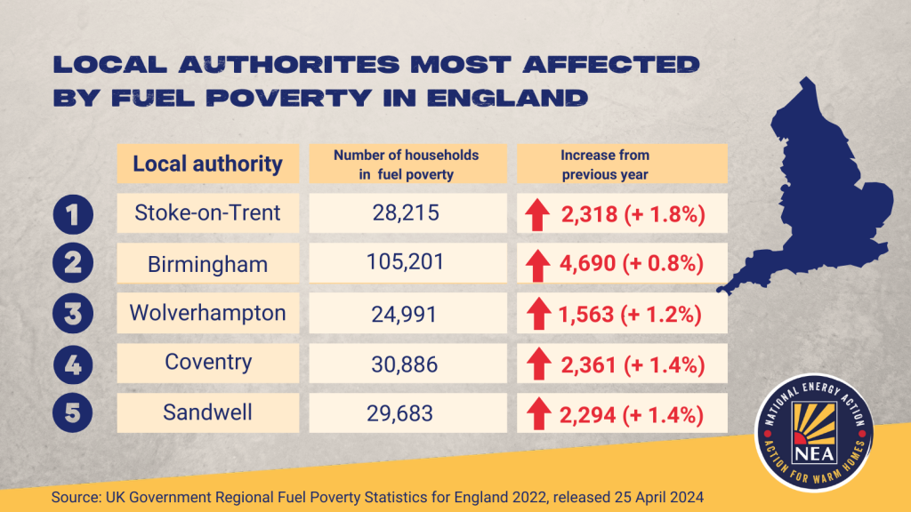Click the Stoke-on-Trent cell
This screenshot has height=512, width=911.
[x=207, y=213]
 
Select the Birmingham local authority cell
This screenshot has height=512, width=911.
[x=207, y=264]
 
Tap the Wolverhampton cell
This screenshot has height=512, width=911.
[x=207, y=313]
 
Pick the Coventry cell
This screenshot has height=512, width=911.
[x=207, y=363]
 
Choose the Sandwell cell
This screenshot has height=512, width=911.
[x=207, y=412]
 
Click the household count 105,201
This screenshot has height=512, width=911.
[x=406, y=263]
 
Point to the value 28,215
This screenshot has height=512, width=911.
[x=406, y=213]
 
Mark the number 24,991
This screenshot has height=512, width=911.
[x=406, y=314]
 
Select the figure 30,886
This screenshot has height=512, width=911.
[x=406, y=364]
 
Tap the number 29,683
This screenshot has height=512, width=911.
[x=399, y=413]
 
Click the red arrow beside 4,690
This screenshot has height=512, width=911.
[x=536, y=265]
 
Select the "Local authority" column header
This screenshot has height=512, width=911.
[x=207, y=164]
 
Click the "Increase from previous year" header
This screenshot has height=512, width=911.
[x=604, y=164]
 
